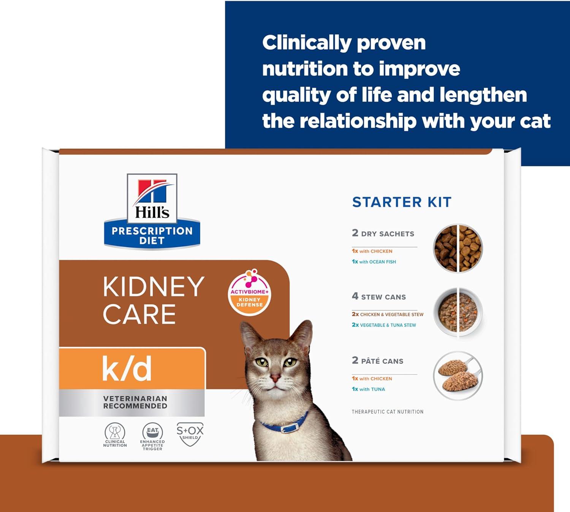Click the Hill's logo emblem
click(x=152, y=211)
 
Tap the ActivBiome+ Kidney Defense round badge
click(x=249, y=292)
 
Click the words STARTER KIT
click(x=402, y=202)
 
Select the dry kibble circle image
click(x=458, y=248)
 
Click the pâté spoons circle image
click(x=458, y=375)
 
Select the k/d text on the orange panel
click(x=127, y=368)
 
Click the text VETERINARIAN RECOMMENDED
click(x=135, y=402)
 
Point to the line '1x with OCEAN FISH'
click(x=374, y=262)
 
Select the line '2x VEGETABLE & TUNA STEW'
click(x=384, y=325)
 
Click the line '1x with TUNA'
click(x=368, y=389)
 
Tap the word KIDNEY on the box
click(x=154, y=287)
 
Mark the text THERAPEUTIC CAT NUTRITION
click(x=387, y=412)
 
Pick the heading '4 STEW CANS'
click(x=379, y=297)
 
